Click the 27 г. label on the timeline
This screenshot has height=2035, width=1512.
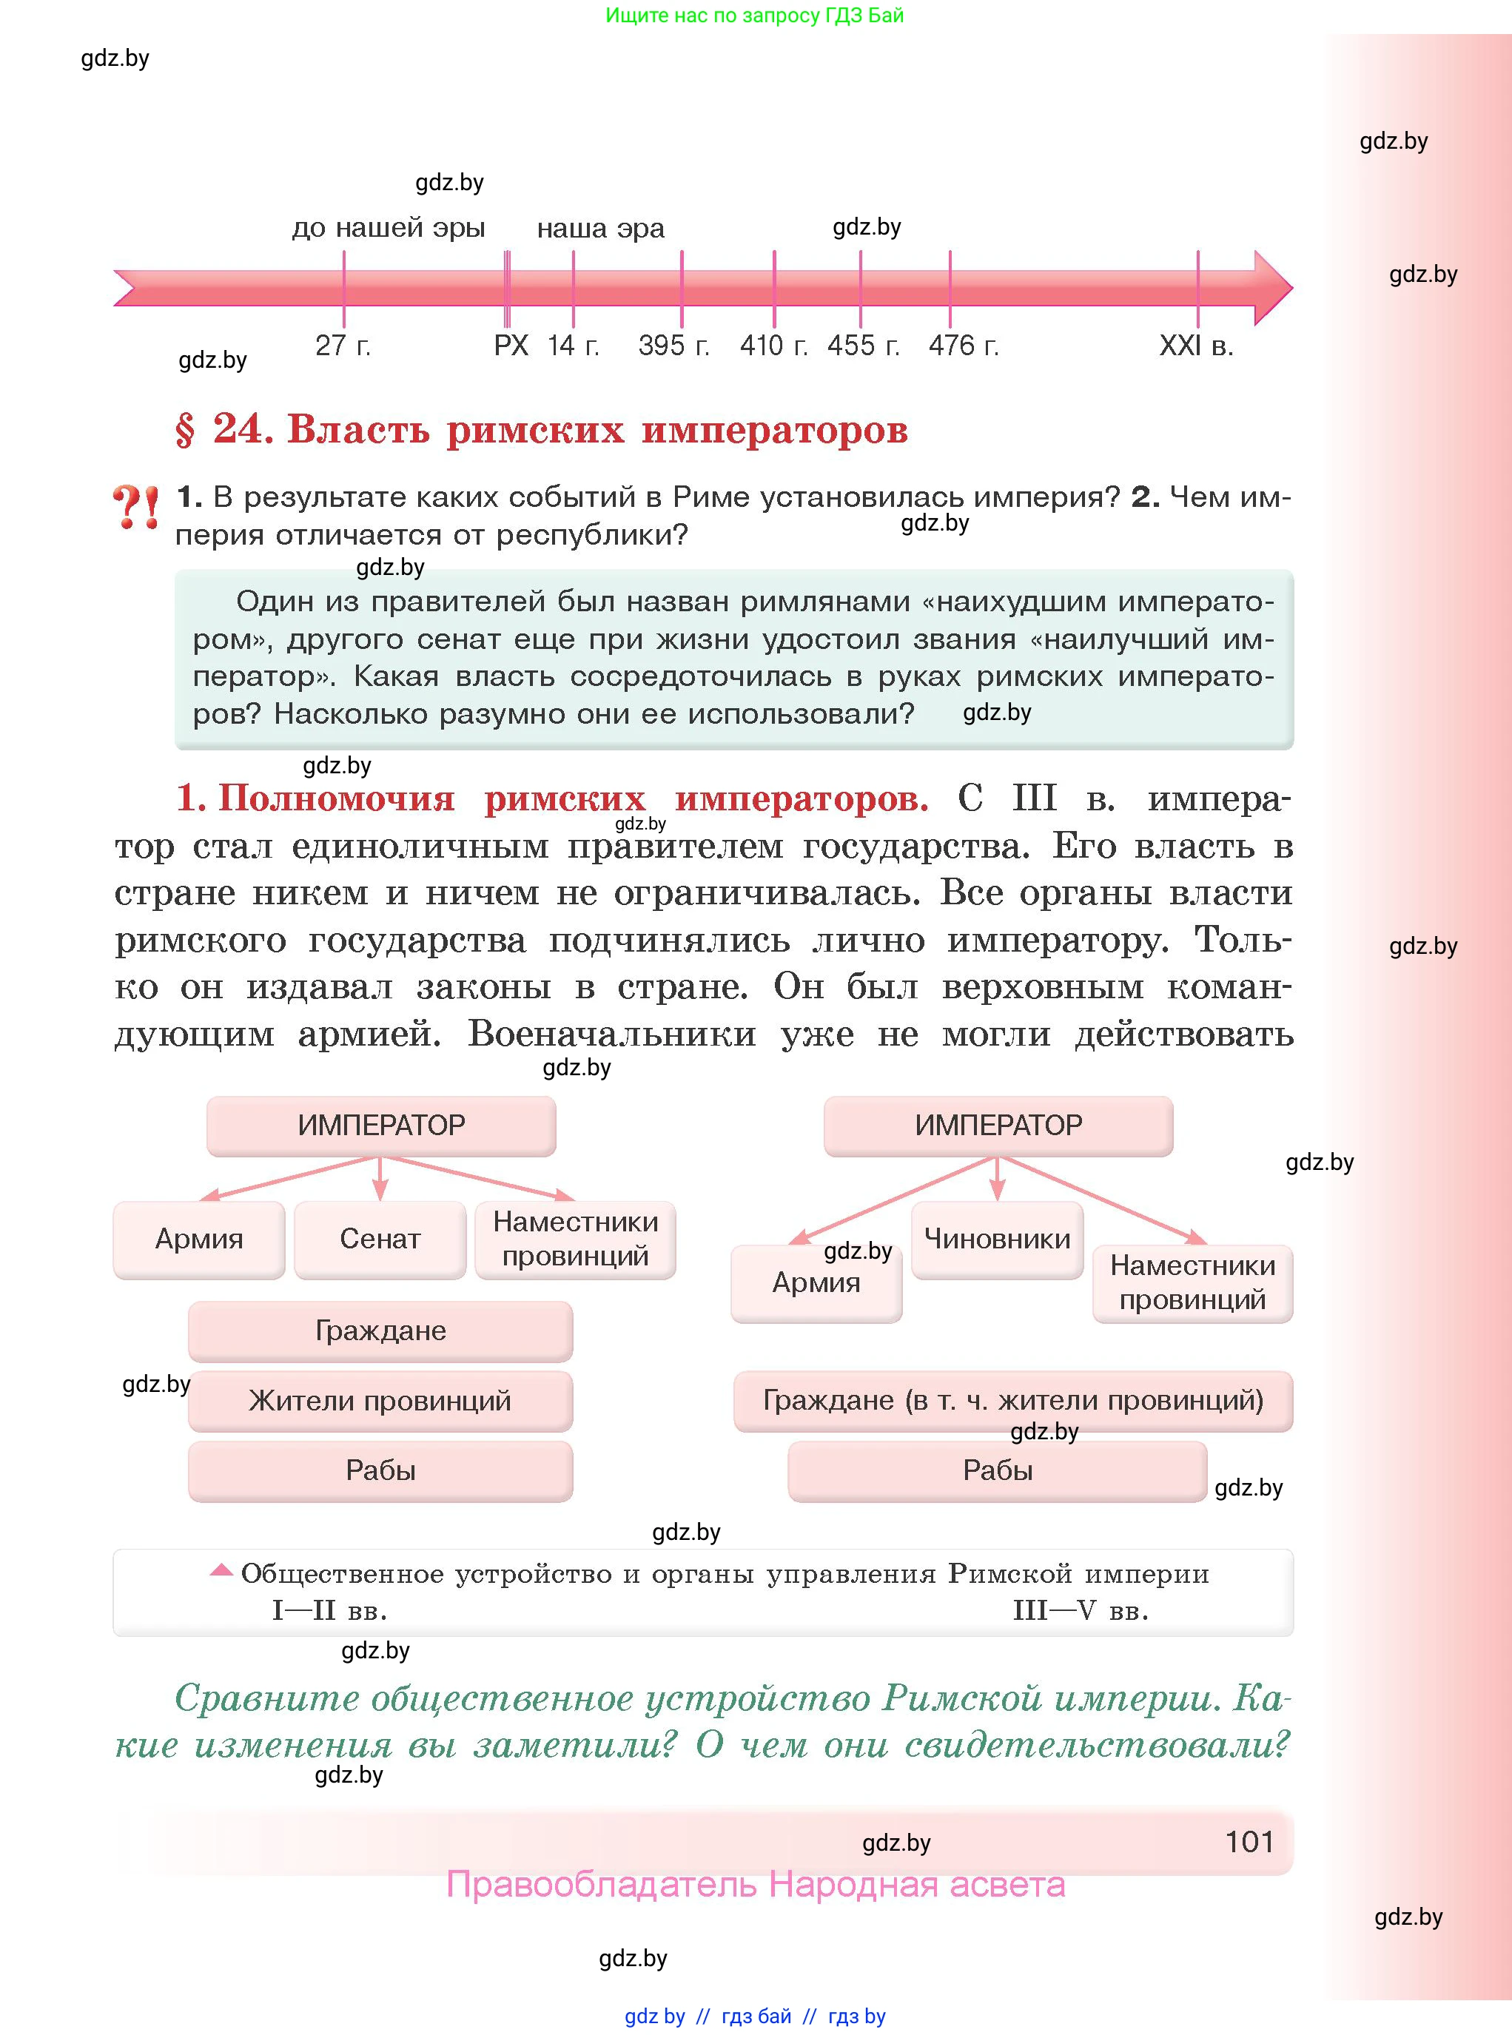pyautogui.click(x=343, y=346)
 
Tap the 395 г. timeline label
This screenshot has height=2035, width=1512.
pyautogui.click(x=673, y=346)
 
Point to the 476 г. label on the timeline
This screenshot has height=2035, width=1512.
pyautogui.click(x=963, y=346)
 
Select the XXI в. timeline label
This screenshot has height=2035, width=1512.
pyautogui.click(x=1196, y=346)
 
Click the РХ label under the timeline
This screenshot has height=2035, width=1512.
pyautogui.click(x=511, y=346)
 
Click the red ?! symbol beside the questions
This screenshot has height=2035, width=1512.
pyautogui.click(x=135, y=508)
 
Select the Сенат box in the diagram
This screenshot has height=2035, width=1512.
pyautogui.click(x=380, y=1239)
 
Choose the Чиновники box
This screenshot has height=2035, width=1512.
pyautogui.click(x=997, y=1239)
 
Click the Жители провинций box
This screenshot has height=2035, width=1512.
pyautogui.click(x=380, y=1400)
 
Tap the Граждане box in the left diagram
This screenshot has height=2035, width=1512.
pyautogui.click(x=380, y=1331)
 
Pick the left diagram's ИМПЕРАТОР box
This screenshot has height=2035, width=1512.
pyautogui.click(x=380, y=1125)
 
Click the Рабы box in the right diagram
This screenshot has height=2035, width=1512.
pyautogui.click(x=997, y=1470)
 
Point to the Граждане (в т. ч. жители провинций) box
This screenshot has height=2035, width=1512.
pyautogui.click(x=1012, y=1400)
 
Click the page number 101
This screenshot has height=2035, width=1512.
pyautogui.click(x=1249, y=1842)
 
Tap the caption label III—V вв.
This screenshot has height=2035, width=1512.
pyautogui.click(x=1080, y=1610)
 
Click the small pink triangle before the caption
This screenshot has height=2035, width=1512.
pyautogui.click(x=221, y=1570)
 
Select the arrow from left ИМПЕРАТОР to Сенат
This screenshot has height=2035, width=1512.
pyautogui.click(x=380, y=1180)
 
